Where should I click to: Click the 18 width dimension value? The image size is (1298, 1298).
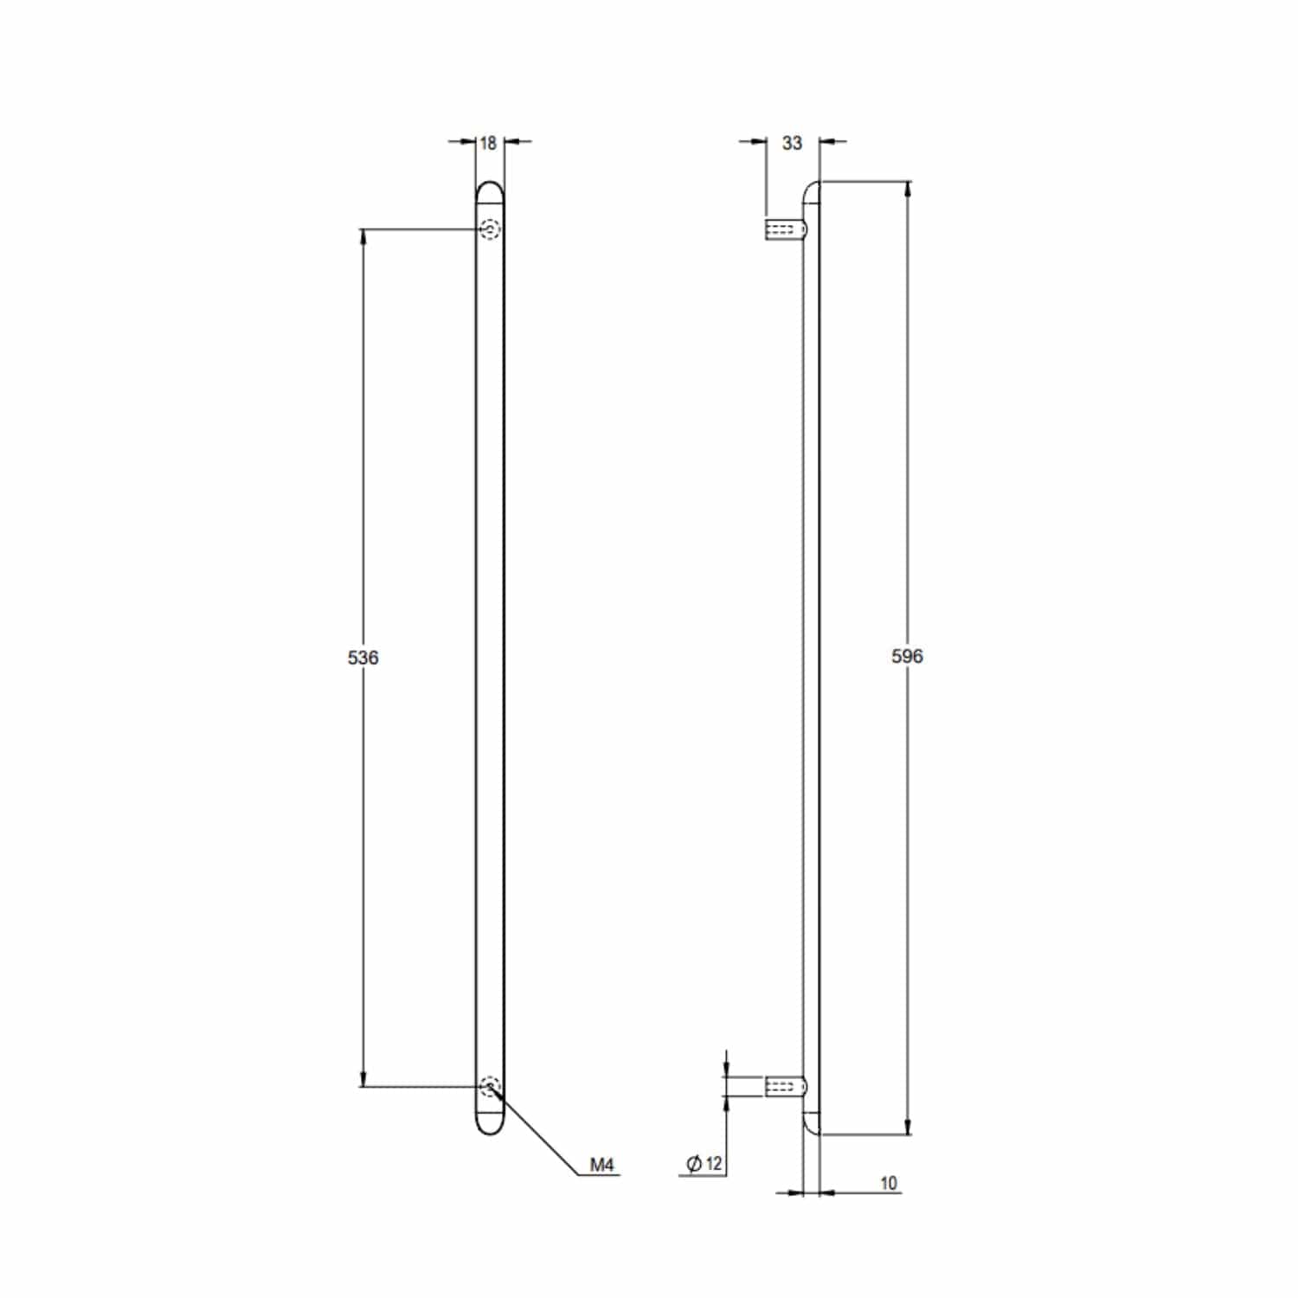click(x=488, y=143)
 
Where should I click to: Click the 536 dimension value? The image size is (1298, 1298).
click(x=363, y=658)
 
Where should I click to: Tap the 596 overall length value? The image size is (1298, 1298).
click(x=907, y=656)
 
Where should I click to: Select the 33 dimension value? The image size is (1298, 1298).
click(x=792, y=143)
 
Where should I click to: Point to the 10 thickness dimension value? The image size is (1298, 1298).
click(x=889, y=1183)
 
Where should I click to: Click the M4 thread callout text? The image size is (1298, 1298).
click(x=601, y=1165)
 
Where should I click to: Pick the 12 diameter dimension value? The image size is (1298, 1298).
click(x=713, y=1164)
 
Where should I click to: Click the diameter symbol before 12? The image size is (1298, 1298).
click(x=693, y=1164)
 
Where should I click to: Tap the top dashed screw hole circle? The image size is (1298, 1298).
click(x=490, y=229)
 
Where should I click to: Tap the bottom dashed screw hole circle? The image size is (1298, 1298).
click(x=490, y=1086)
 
